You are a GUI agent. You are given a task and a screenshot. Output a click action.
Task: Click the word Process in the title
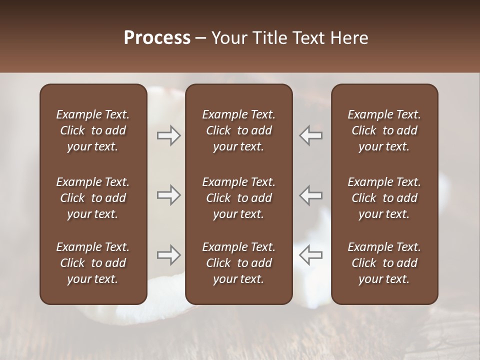pos(157,38)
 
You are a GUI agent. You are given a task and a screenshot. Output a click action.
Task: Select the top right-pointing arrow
pos(168,135)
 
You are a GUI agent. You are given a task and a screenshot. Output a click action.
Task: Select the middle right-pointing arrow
pos(168,195)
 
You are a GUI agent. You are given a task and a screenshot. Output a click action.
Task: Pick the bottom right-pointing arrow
pos(168,255)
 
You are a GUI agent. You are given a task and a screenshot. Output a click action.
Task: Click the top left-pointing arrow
pos(311,135)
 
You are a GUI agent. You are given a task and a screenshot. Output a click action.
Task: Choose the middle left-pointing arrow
pos(311,195)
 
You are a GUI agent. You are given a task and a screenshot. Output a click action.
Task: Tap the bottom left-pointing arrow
pos(311,255)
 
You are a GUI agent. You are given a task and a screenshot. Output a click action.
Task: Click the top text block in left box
pos(93,130)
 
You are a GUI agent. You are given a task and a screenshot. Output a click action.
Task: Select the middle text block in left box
pos(93,198)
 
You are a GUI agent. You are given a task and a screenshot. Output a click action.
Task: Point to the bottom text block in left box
pos(93,263)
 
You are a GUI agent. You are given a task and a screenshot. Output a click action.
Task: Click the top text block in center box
pos(238,130)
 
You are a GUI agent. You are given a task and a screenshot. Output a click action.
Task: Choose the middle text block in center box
pos(238,198)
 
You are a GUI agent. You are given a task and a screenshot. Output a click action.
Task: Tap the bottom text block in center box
pos(238,263)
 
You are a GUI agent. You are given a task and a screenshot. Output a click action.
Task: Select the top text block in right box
pos(384,130)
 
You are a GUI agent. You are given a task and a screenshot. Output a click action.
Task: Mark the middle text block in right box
pos(384,198)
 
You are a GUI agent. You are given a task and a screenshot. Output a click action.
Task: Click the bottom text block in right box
pos(384,263)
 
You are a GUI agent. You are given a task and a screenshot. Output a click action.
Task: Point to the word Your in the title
pos(227,38)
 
